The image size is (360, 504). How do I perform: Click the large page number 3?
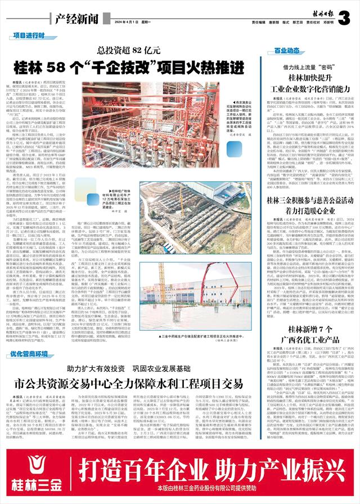[344, 17]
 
